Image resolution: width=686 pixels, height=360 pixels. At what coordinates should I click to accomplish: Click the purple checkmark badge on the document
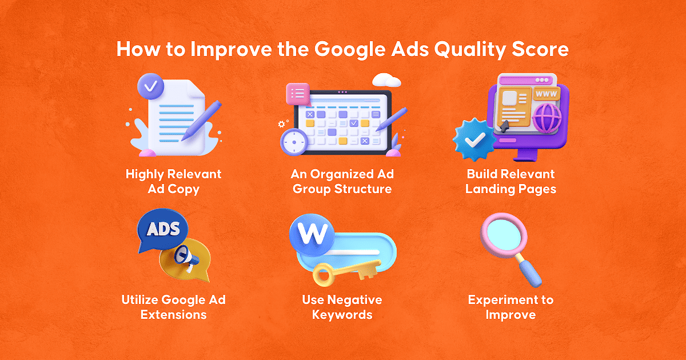click(150, 86)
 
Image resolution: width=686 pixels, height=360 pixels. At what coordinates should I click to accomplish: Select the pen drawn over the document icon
click(201, 121)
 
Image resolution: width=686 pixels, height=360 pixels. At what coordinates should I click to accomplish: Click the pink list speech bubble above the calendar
click(298, 94)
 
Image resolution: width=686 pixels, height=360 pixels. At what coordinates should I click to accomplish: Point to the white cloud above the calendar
click(386, 80)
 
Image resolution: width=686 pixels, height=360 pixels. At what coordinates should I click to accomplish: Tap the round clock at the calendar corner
click(294, 142)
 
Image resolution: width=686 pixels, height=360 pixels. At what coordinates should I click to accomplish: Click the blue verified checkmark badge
click(474, 139)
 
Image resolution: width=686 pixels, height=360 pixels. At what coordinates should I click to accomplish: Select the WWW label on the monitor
click(547, 94)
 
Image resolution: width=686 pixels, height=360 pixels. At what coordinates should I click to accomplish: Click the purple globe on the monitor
click(547, 118)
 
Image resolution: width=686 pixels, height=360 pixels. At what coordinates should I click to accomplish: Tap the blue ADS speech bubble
click(162, 230)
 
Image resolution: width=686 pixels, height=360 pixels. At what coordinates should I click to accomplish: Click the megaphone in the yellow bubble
click(186, 258)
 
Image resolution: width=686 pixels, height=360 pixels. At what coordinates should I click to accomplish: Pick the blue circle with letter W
click(312, 235)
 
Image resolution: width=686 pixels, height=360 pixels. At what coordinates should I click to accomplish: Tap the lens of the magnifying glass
click(504, 235)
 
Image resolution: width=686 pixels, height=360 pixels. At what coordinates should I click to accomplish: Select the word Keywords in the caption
click(342, 315)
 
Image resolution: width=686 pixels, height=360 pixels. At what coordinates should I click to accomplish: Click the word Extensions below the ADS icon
click(174, 315)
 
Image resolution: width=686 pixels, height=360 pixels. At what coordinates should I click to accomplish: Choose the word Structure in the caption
click(363, 189)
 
